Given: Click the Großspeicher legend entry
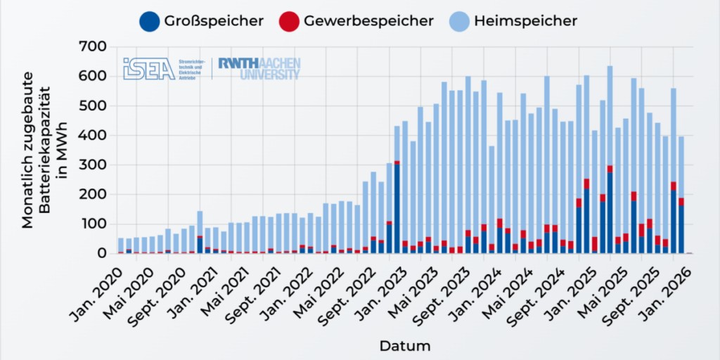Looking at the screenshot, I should click(202, 21).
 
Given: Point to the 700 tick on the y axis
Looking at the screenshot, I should click(94, 47).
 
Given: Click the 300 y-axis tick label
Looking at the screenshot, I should click(94, 165).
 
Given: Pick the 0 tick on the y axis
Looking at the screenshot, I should click(102, 253).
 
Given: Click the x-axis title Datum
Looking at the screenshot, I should click(404, 346).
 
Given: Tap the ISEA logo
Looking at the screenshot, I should click(148, 68).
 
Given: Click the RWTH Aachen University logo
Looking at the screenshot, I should click(259, 68).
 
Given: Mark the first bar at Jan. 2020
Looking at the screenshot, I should click(121, 245).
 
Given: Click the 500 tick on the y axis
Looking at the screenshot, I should click(94, 106).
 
